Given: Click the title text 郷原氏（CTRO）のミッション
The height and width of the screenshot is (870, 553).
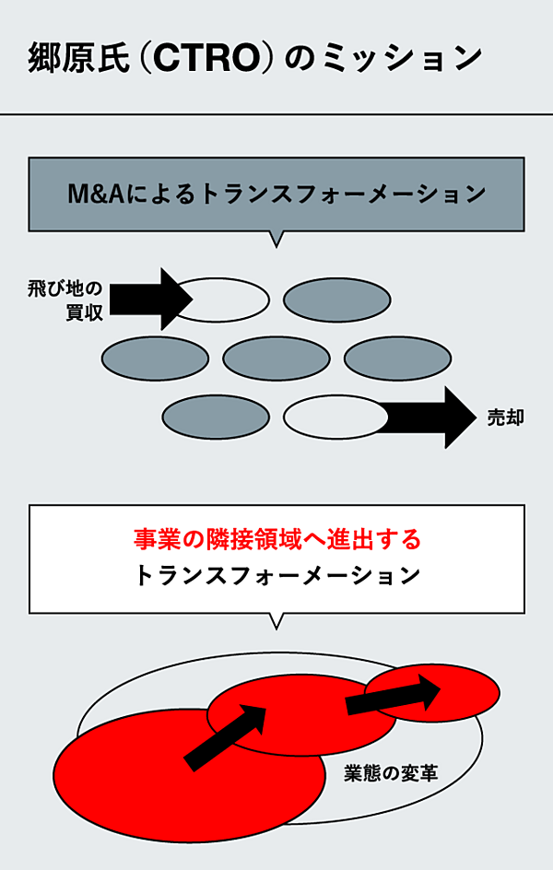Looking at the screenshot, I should (x=254, y=58).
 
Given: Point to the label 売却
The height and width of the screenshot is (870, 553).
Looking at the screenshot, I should (x=506, y=417).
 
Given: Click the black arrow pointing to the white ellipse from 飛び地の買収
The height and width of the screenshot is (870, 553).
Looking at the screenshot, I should (x=151, y=299).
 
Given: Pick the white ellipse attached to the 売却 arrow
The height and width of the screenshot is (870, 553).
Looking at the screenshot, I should (x=332, y=417).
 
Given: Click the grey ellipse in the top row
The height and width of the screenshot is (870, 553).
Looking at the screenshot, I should (x=336, y=299).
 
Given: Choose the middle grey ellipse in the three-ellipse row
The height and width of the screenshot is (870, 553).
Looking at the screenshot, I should (x=276, y=359).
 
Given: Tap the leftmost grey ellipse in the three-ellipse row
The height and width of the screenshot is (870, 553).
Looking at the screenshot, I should (x=154, y=359).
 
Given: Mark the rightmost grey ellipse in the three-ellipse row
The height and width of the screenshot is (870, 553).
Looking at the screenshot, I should (x=397, y=359).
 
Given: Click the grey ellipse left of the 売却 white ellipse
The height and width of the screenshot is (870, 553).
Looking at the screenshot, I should (x=216, y=417).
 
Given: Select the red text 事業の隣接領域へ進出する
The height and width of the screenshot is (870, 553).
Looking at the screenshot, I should (x=276, y=538).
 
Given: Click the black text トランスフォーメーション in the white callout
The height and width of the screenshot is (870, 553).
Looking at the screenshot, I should (x=276, y=577).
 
